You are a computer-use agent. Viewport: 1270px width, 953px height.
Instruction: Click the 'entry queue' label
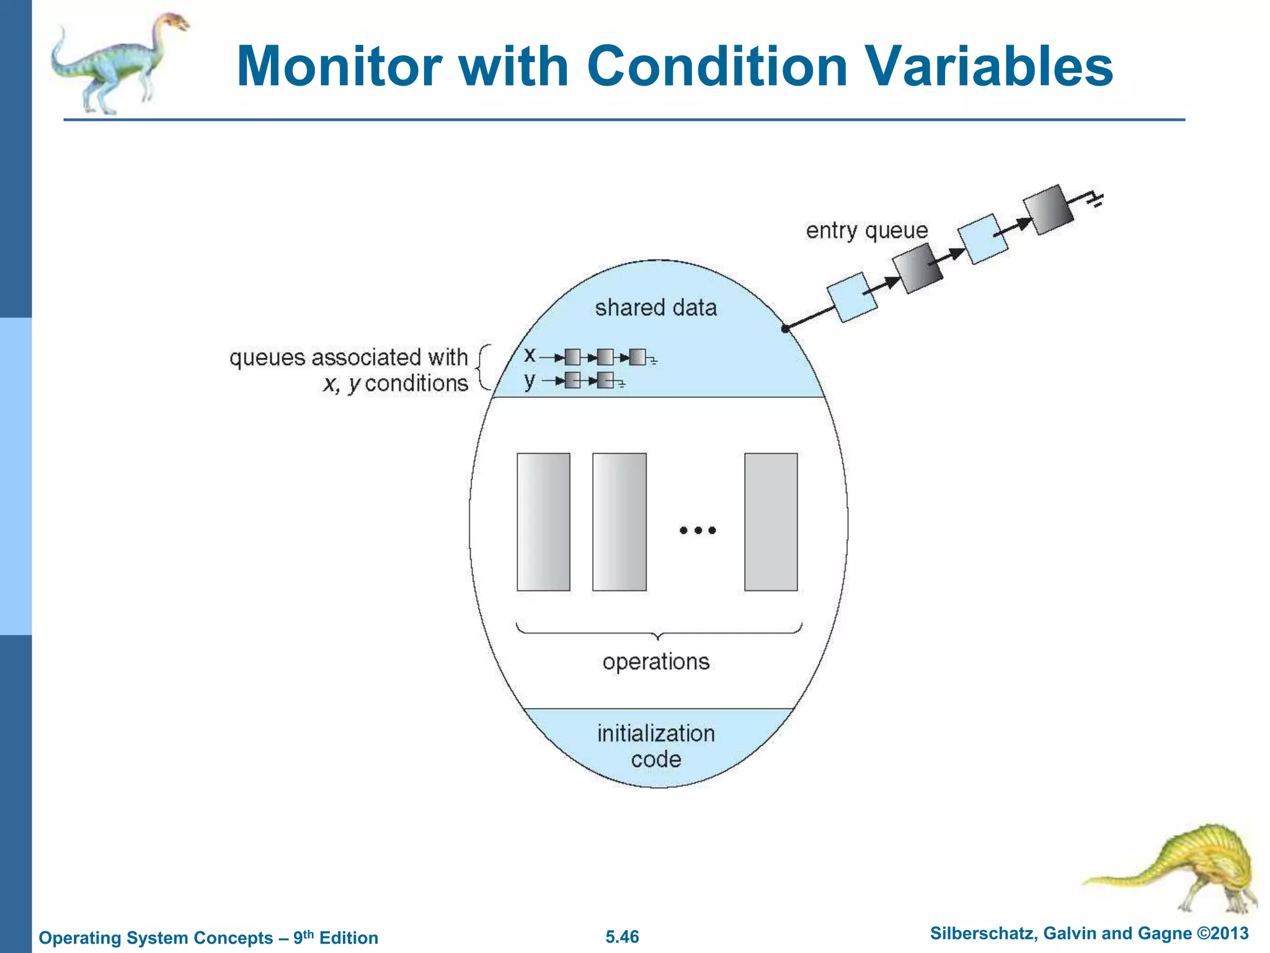[866, 231]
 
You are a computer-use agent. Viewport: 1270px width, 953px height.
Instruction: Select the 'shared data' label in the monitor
[655, 308]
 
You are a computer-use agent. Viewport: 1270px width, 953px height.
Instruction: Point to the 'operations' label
[655, 662]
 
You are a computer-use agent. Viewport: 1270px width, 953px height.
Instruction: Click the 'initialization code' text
[655, 746]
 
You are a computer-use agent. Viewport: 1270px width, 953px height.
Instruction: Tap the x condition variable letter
[529, 355]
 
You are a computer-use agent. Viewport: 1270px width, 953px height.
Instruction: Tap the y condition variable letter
[529, 380]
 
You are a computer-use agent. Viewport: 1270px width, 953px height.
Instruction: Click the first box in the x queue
[572, 357]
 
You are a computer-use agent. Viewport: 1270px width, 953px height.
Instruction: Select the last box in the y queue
[605, 380]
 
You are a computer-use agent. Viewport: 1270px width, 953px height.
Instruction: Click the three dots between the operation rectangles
[698, 530]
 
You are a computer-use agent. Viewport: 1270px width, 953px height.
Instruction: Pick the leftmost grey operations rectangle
[543, 522]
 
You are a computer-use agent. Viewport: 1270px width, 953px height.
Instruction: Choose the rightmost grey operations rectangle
[771, 522]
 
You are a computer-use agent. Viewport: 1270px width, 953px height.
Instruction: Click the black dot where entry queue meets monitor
[785, 329]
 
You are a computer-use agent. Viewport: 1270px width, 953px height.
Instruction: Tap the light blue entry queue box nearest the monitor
[852, 297]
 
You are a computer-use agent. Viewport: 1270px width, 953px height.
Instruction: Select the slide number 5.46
[622, 937]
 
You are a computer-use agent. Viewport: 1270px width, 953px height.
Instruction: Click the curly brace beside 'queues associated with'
[482, 369]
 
